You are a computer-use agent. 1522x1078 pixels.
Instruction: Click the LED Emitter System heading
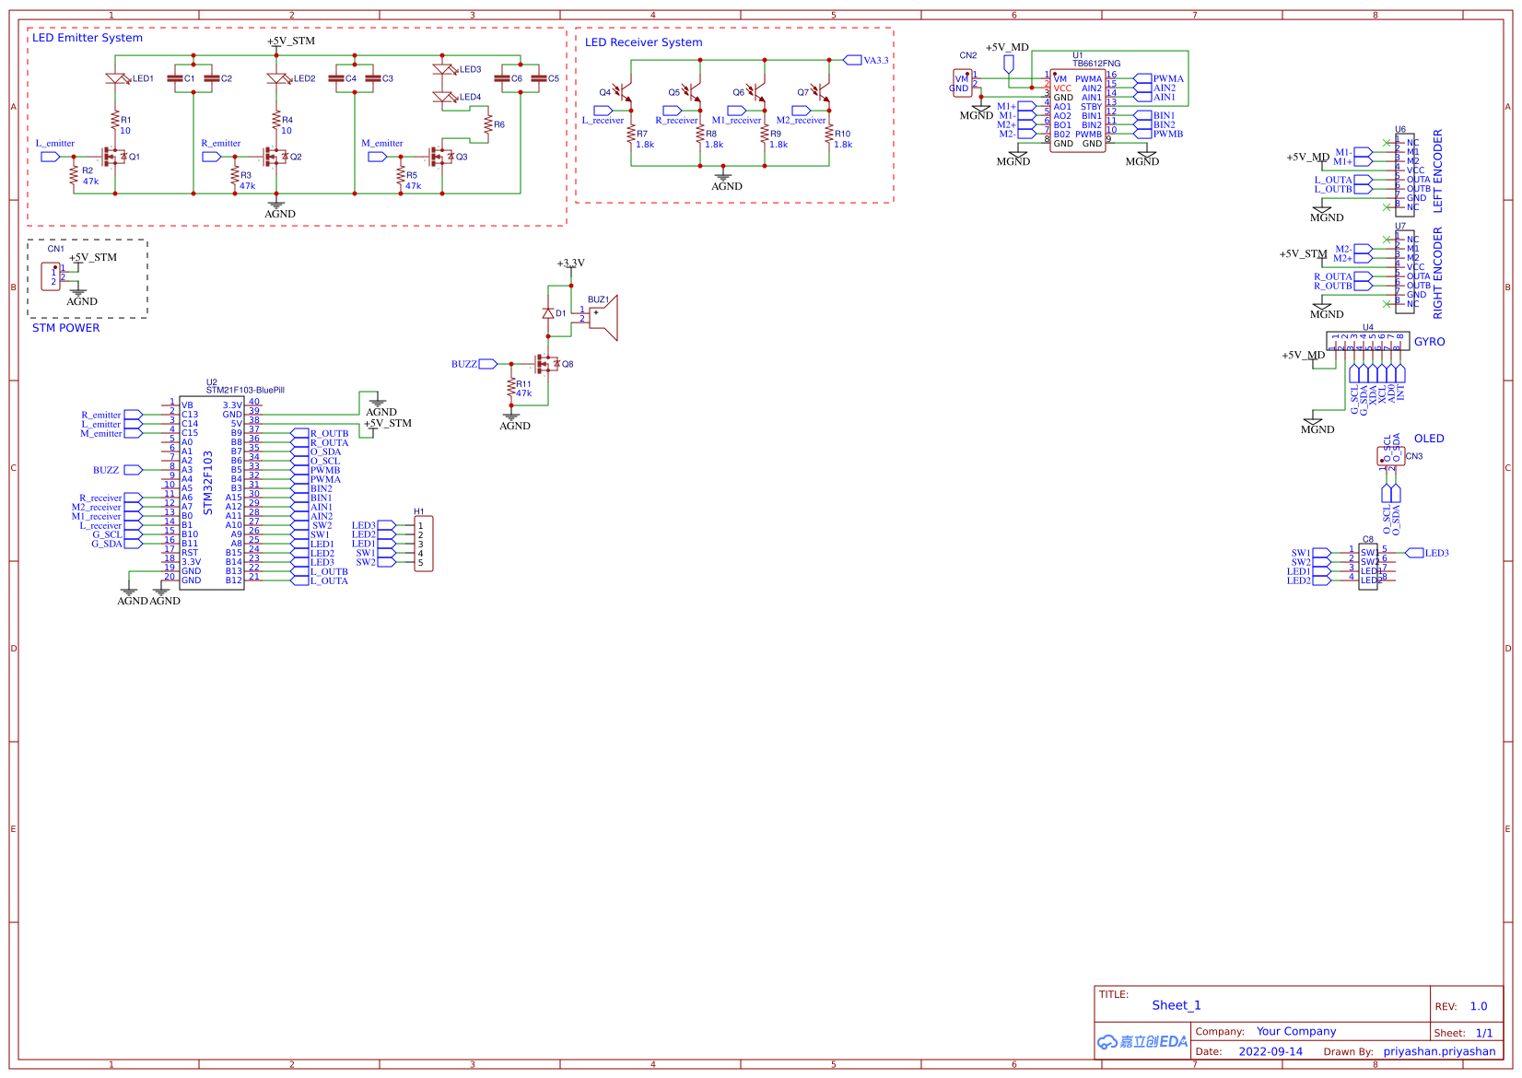point(88,38)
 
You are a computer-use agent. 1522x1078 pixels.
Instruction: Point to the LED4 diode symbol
point(445,97)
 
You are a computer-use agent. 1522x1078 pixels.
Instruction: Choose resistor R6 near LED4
point(488,124)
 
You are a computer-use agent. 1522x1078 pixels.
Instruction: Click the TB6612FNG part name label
point(1096,64)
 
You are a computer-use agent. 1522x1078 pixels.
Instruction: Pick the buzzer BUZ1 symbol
point(603,318)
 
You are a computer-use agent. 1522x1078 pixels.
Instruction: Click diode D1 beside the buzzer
point(548,313)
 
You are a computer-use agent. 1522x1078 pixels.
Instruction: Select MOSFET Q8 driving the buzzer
point(547,364)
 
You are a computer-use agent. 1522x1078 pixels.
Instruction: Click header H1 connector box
point(423,545)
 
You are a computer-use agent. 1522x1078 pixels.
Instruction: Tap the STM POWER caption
point(65,328)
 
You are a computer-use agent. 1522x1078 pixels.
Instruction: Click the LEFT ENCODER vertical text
point(1438,171)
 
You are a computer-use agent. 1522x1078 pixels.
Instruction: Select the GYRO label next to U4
point(1429,342)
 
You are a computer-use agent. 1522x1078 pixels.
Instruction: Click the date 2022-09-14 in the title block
point(1270,1051)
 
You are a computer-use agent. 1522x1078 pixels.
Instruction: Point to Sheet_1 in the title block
point(1176,1005)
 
